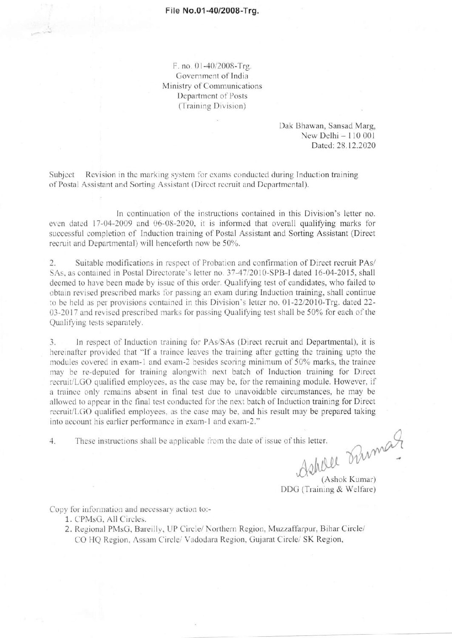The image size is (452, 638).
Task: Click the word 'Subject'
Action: [62, 175]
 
